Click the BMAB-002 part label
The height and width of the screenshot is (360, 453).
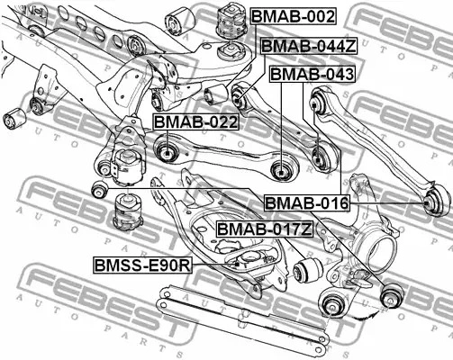[294, 16]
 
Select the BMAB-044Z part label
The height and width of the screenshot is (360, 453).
[309, 46]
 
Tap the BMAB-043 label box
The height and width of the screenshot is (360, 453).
[313, 74]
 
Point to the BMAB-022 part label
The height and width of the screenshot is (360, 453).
[196, 121]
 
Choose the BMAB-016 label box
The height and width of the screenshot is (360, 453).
[307, 203]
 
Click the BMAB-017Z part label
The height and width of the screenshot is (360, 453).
[265, 229]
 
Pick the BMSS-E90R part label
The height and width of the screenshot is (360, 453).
[142, 265]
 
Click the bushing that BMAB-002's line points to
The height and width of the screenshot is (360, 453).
[215, 94]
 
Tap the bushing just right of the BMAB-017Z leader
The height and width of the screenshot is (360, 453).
[307, 270]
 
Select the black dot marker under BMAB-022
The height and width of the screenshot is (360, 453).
[168, 154]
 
